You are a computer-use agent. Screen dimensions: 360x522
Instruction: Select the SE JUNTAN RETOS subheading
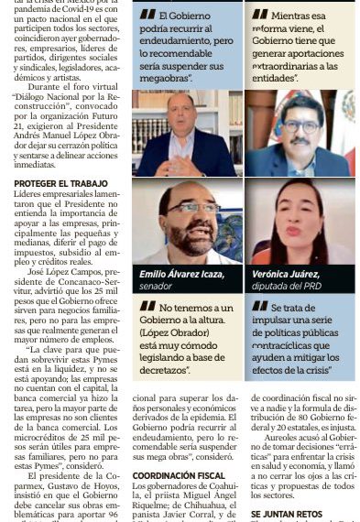[x=285, y=515]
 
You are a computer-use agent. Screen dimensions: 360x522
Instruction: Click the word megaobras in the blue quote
[x=163, y=78]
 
